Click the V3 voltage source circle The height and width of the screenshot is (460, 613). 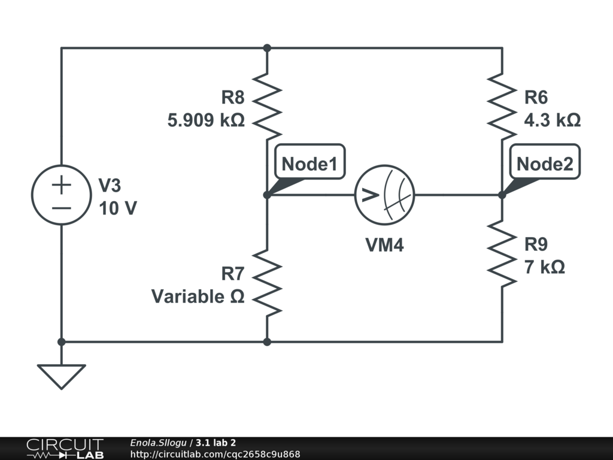(x=61, y=195)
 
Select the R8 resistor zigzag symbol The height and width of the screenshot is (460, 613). (x=267, y=105)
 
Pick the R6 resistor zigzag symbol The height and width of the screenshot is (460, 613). (x=502, y=105)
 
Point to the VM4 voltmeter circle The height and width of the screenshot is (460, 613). (x=384, y=195)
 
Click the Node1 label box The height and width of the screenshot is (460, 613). (x=310, y=162)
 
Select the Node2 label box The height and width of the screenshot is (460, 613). (x=545, y=162)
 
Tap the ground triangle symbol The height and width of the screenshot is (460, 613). (x=61, y=376)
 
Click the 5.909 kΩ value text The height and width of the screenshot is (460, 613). (x=206, y=120)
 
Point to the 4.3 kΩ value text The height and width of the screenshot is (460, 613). (x=552, y=120)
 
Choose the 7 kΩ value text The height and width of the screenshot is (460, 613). (x=544, y=267)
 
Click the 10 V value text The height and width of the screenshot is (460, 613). (x=117, y=208)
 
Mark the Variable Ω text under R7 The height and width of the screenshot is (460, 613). (x=198, y=296)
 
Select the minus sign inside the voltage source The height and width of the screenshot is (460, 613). (x=61, y=208)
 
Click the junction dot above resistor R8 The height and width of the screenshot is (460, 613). (x=267, y=48)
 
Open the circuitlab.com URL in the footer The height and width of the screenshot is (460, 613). (x=215, y=454)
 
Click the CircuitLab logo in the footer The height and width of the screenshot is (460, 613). (x=64, y=449)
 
